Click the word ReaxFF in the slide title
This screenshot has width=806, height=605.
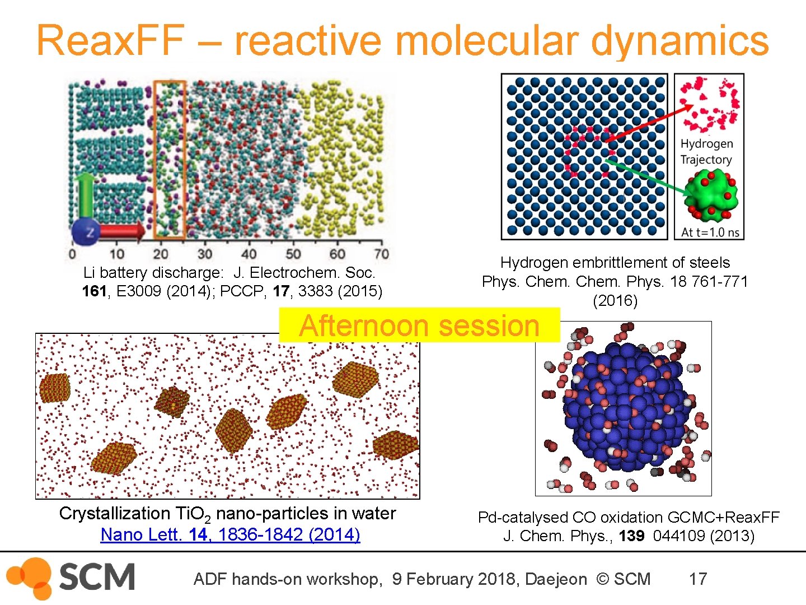(x=110, y=40)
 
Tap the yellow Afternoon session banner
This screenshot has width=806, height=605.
(x=419, y=325)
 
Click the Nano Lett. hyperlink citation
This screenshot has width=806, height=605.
(x=230, y=534)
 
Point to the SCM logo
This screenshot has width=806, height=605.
(x=72, y=578)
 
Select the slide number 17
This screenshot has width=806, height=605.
(x=697, y=579)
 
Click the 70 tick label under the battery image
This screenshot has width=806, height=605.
(x=381, y=254)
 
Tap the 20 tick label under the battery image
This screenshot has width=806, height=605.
(x=160, y=254)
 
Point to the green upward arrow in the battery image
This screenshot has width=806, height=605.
(x=86, y=193)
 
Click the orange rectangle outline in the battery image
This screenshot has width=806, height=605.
(x=169, y=160)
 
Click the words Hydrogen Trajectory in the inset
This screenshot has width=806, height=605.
(x=706, y=152)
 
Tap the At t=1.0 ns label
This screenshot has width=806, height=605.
(x=710, y=232)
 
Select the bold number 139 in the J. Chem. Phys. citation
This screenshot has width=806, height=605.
(x=631, y=536)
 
